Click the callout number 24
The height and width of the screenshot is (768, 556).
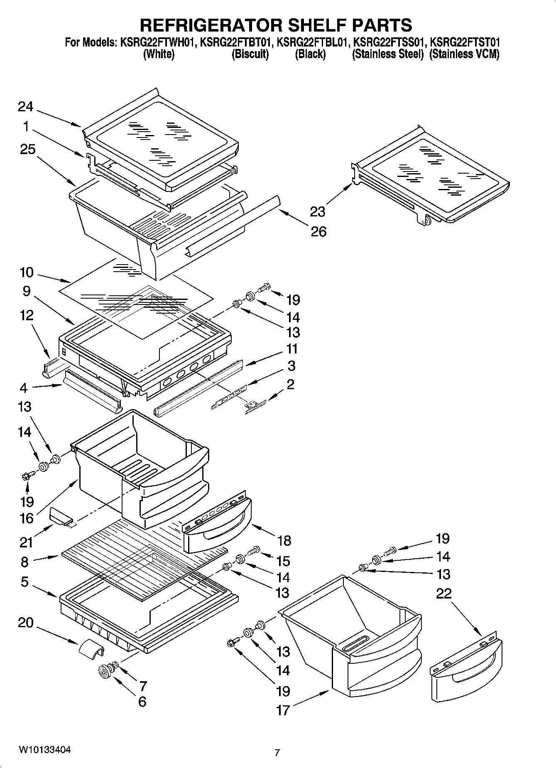[25, 107]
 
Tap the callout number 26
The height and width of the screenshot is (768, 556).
[318, 231]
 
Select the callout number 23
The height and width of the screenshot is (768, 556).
[318, 212]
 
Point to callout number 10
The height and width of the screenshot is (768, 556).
[27, 273]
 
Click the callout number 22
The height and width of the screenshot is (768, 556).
[443, 594]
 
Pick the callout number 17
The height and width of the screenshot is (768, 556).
[283, 710]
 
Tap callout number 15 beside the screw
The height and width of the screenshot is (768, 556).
[283, 561]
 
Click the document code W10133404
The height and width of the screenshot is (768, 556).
[44, 750]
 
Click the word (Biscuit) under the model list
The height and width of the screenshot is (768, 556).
[250, 54]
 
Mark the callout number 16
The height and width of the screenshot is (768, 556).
[27, 518]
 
